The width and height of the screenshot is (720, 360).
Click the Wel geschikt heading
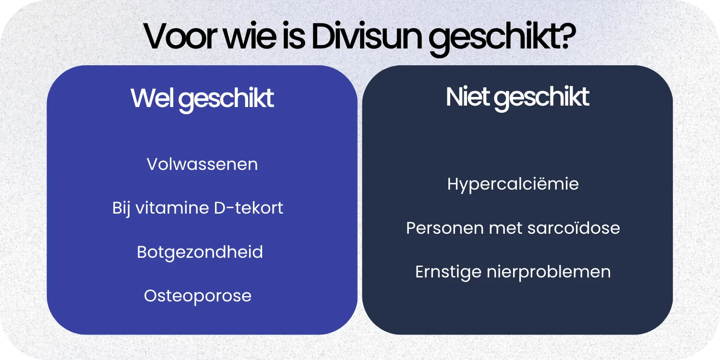point(202,98)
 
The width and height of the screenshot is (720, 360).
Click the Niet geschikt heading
point(517,97)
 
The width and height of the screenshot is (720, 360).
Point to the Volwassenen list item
point(202,164)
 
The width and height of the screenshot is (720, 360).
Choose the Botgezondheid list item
point(200,252)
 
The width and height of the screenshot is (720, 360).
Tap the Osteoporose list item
point(198,296)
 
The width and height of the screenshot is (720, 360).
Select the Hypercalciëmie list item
point(513,184)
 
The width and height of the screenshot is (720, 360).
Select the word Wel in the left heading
point(154,98)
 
